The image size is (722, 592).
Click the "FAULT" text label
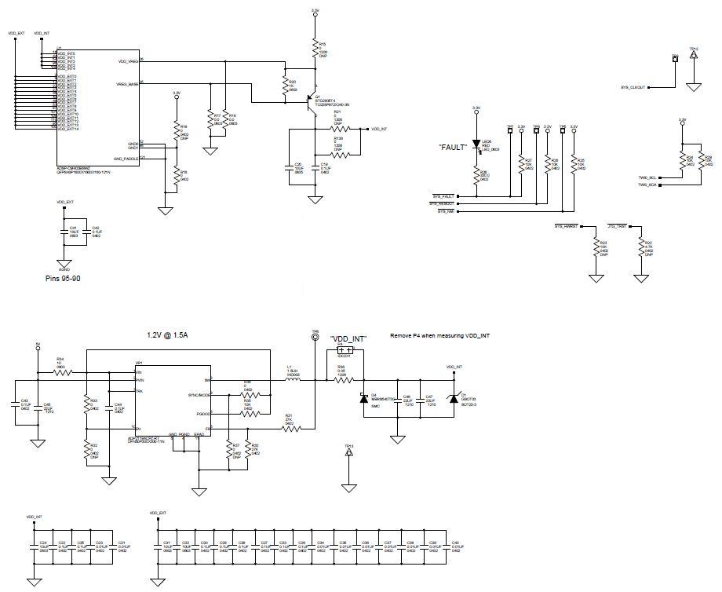pos(453,146)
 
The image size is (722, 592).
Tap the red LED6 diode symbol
pos(476,145)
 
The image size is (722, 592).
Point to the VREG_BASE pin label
pos(128,83)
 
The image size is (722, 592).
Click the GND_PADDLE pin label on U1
pos(125,158)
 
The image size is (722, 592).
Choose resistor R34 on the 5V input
pos(60,372)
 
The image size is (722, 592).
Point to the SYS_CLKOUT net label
pos(633,87)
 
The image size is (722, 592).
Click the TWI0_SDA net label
pos(647,185)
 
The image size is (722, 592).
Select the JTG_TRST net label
pos(617,226)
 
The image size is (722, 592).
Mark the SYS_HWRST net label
pos(566,226)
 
